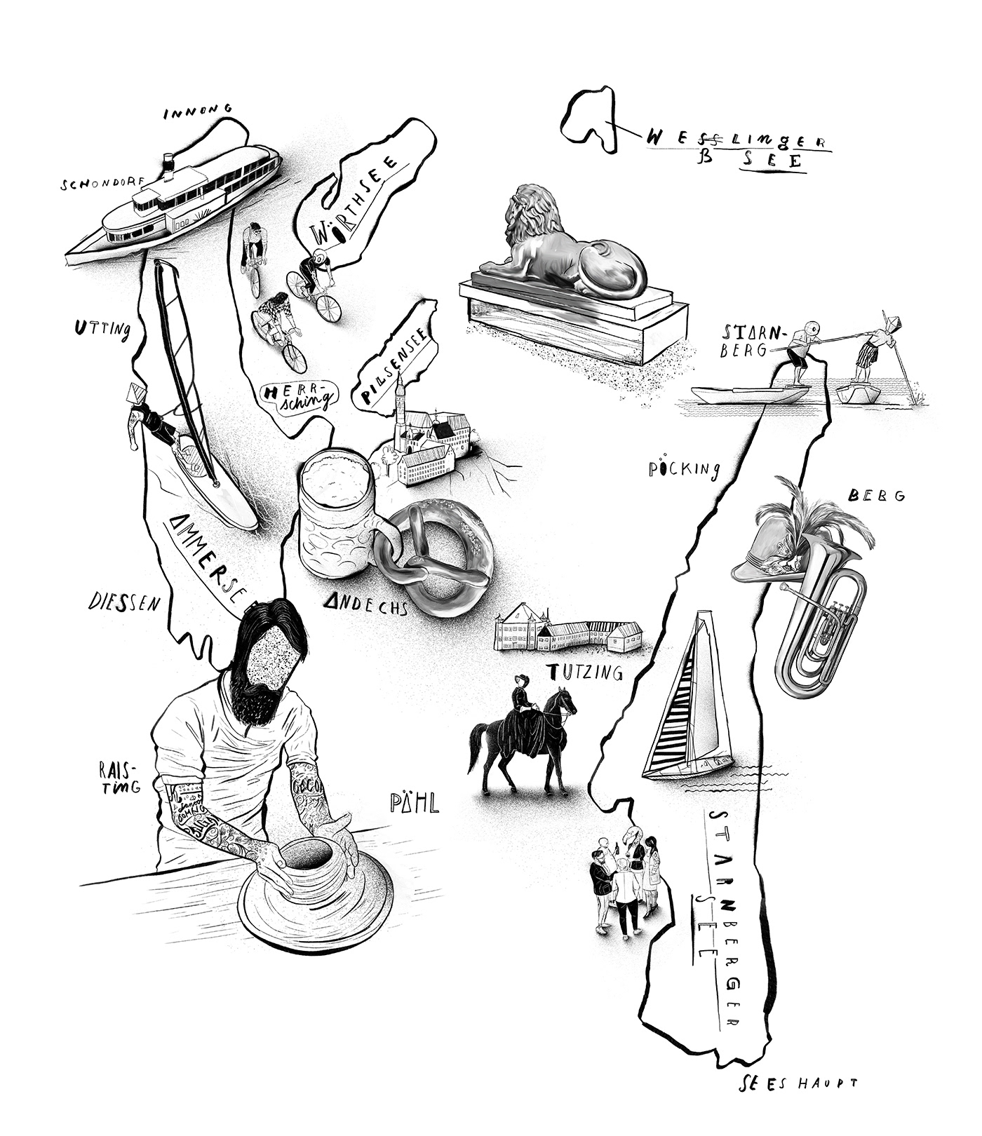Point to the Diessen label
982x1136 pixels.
pyautogui.click(x=130, y=602)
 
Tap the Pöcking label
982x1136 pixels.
pyautogui.click(x=684, y=468)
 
